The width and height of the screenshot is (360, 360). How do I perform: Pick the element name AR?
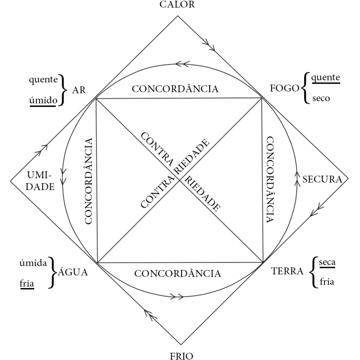pos(78,91)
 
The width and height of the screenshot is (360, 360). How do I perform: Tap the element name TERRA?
pos(287,271)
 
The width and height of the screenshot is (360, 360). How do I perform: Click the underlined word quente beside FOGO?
pos(325,78)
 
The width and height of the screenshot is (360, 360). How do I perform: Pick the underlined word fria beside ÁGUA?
pos(26,284)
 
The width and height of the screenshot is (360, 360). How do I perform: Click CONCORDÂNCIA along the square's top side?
pos(178,89)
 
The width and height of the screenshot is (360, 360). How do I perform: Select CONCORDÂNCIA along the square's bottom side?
pos(178,274)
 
